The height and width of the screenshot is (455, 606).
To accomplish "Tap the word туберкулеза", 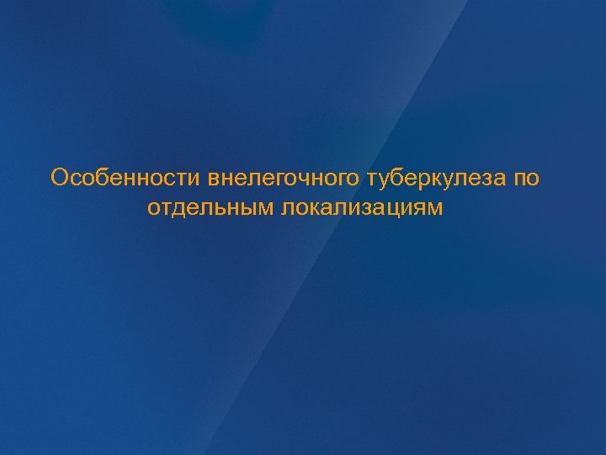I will point(435,179).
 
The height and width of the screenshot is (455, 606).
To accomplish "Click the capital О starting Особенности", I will point(59,179).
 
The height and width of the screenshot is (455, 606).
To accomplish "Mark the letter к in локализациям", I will point(316,207).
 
